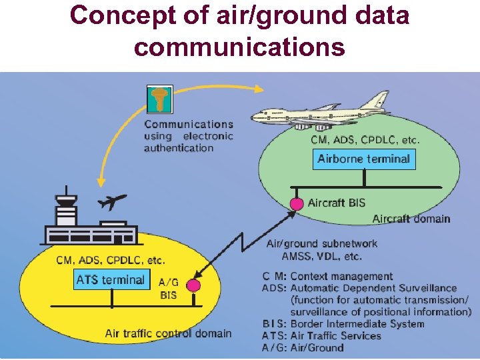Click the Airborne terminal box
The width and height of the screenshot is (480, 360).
[x=363, y=159]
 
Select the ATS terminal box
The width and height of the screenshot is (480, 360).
[x=111, y=280]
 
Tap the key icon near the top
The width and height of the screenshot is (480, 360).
[x=159, y=99]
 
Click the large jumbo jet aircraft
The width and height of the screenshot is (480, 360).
[x=320, y=115]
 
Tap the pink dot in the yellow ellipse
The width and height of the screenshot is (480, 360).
[x=193, y=285]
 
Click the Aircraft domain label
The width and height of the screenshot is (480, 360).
[x=411, y=219]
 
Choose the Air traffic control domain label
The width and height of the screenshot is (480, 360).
[x=168, y=333]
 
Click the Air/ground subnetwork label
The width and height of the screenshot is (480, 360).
[x=322, y=244]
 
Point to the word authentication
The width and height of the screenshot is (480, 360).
[x=179, y=148]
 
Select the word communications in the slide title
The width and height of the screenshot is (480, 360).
[x=239, y=47]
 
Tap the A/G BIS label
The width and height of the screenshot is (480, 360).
[x=169, y=289]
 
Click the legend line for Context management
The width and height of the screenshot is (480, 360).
[x=327, y=276]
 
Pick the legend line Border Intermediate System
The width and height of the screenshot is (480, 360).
[x=343, y=324]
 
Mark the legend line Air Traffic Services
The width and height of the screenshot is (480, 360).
[x=321, y=336]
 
